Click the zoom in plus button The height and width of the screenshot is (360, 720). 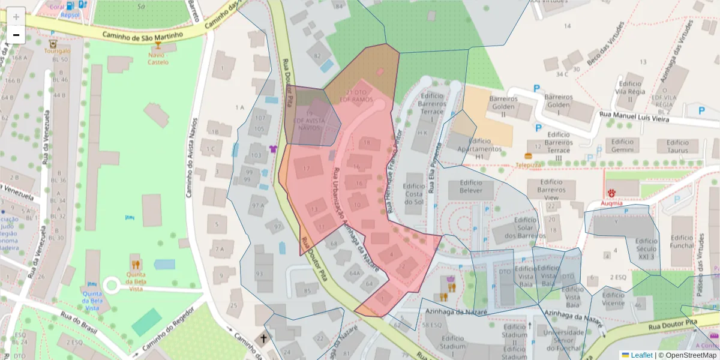click(16, 16)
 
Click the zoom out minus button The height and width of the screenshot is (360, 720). click(16, 35)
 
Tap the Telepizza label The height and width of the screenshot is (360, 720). click(529, 164)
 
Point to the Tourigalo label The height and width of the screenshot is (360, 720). click(53, 51)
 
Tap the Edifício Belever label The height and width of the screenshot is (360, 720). click(471, 187)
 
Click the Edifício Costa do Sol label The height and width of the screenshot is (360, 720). click(414, 194)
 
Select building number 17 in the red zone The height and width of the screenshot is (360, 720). click(307, 169)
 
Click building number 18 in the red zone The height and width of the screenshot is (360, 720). click(367, 143)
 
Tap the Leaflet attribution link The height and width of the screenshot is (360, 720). click(641, 355)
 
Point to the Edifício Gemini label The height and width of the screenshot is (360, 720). click(623, 146)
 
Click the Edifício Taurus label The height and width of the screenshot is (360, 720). click(677, 146)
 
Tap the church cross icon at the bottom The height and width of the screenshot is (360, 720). click(263, 339)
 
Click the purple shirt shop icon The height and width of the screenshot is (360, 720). click(274, 148)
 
